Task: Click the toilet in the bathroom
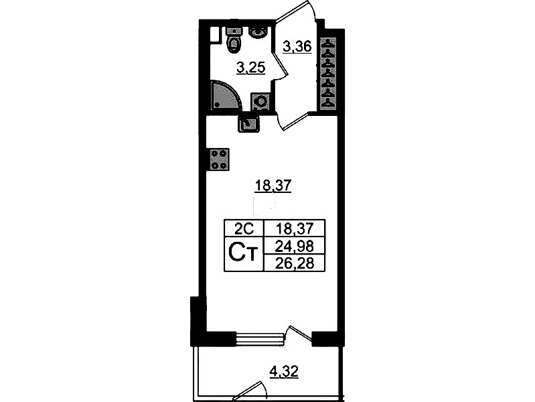234,40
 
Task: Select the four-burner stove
218,159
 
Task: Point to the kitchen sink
248,123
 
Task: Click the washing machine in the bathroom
262,101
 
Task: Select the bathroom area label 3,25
251,68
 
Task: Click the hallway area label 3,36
297,46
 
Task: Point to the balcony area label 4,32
284,372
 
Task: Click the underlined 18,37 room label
273,186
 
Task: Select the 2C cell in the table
244,228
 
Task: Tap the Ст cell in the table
244,254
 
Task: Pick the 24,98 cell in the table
295,245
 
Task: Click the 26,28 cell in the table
295,263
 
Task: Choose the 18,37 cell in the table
295,228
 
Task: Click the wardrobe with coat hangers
329,73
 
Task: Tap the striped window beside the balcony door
260,338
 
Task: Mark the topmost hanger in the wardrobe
329,44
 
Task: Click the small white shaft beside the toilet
214,35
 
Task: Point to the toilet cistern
234,31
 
